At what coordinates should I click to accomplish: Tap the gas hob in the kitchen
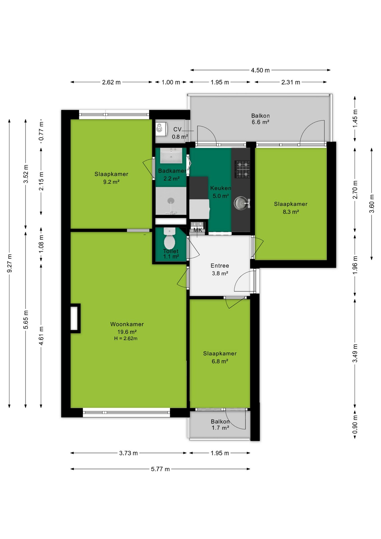(x=242, y=169)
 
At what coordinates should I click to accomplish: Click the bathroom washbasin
(x=171, y=156)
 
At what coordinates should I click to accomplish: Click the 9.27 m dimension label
(x=10, y=263)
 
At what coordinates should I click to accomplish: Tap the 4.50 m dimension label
(x=260, y=70)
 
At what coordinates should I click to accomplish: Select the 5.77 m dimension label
(x=160, y=469)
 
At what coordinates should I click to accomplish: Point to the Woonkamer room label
(x=127, y=324)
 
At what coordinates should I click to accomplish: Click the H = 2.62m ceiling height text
(x=126, y=339)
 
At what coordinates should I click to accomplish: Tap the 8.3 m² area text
(x=291, y=212)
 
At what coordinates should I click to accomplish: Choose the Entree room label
(x=220, y=266)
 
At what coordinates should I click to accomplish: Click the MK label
(x=198, y=230)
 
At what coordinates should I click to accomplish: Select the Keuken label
(x=221, y=188)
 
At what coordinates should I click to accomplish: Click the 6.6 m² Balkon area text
(x=260, y=122)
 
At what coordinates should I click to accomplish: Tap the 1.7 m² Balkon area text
(x=220, y=428)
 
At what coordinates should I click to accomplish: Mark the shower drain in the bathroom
(x=171, y=200)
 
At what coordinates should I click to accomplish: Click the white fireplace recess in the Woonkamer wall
(x=74, y=318)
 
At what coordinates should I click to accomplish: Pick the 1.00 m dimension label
(x=171, y=82)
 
